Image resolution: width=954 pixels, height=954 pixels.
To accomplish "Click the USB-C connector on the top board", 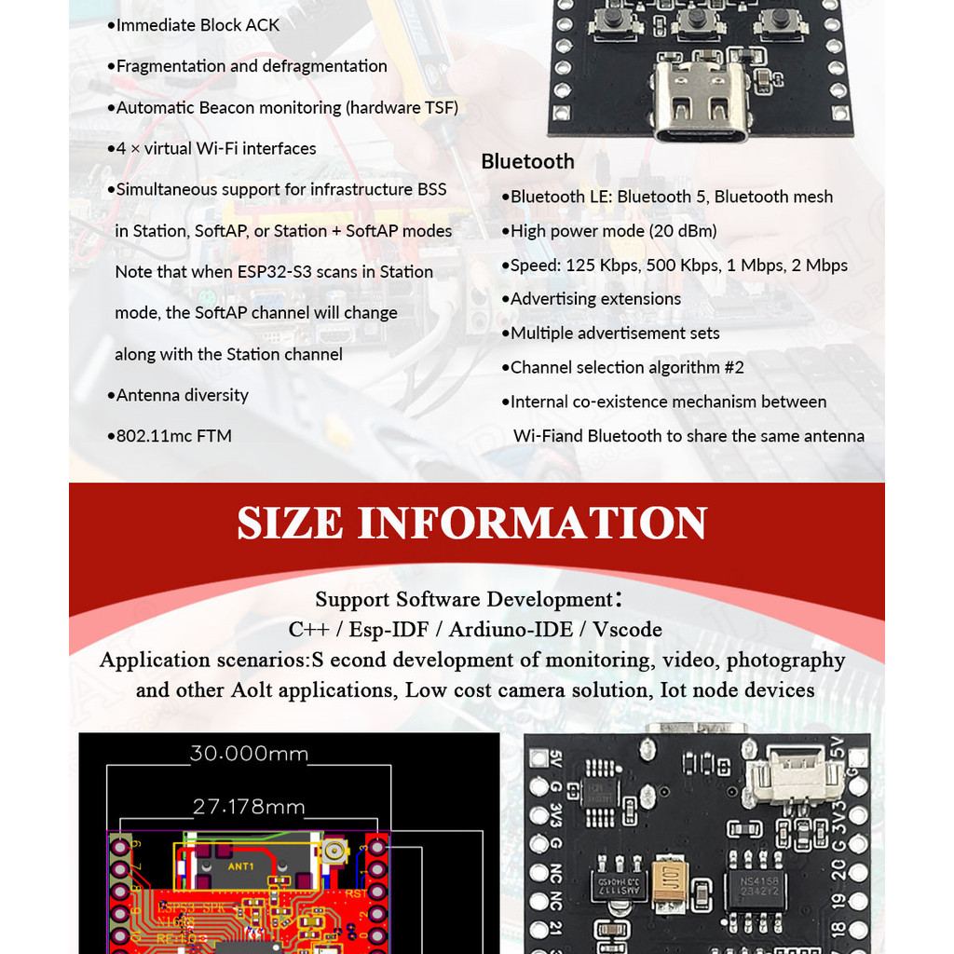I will pyautogui.click(x=702, y=102).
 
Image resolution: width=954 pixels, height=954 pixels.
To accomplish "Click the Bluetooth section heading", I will pyautogui.click(x=527, y=161).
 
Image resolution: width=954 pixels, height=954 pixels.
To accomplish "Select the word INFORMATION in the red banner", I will pyautogui.click(x=532, y=523).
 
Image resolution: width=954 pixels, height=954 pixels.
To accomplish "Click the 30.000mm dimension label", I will pyautogui.click(x=249, y=754).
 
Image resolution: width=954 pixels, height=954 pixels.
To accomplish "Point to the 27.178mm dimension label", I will pyautogui.click(x=249, y=806).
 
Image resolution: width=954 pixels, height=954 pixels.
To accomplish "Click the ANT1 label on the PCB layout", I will pyautogui.click(x=240, y=865).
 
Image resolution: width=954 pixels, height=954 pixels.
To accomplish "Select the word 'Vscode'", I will pyautogui.click(x=627, y=630).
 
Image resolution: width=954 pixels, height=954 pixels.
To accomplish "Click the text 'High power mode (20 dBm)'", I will pyautogui.click(x=613, y=231).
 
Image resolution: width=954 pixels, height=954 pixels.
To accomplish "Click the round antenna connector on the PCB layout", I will pyautogui.click(x=332, y=850).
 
